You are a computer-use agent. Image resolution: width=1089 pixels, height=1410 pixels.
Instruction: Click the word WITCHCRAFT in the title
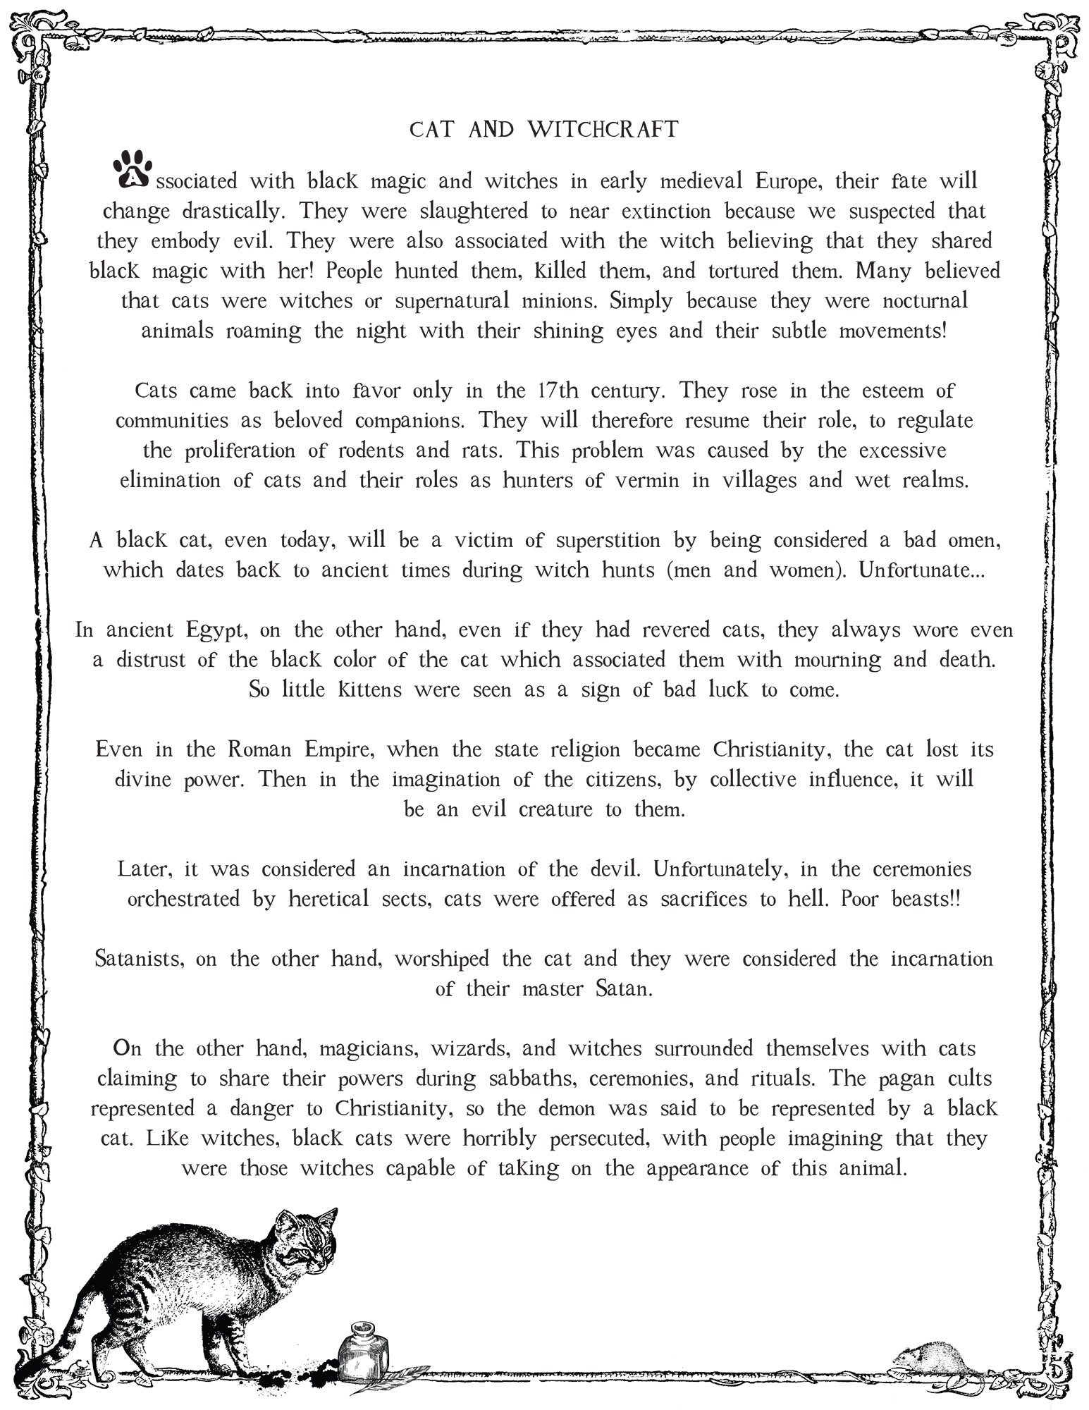[x=603, y=130]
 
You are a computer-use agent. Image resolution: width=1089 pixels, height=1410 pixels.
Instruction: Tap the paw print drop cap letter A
[x=131, y=171]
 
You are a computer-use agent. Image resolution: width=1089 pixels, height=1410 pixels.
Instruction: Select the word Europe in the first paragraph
[x=787, y=181]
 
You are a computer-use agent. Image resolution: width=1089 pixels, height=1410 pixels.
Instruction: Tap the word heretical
[x=328, y=899]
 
